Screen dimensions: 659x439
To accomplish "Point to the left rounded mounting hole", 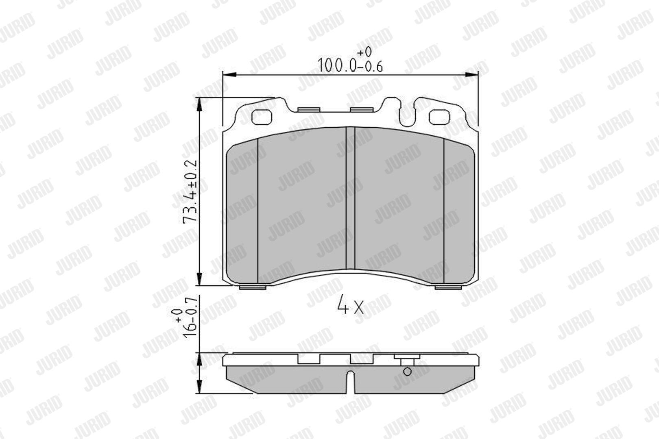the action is coord(262,117).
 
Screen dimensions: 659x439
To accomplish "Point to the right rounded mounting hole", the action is coord(439,117).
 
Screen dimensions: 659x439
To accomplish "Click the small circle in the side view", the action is coord(407,372).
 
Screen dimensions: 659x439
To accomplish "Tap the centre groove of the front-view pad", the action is coord(350,198).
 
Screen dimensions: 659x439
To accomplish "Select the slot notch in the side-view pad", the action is coord(350,382).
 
